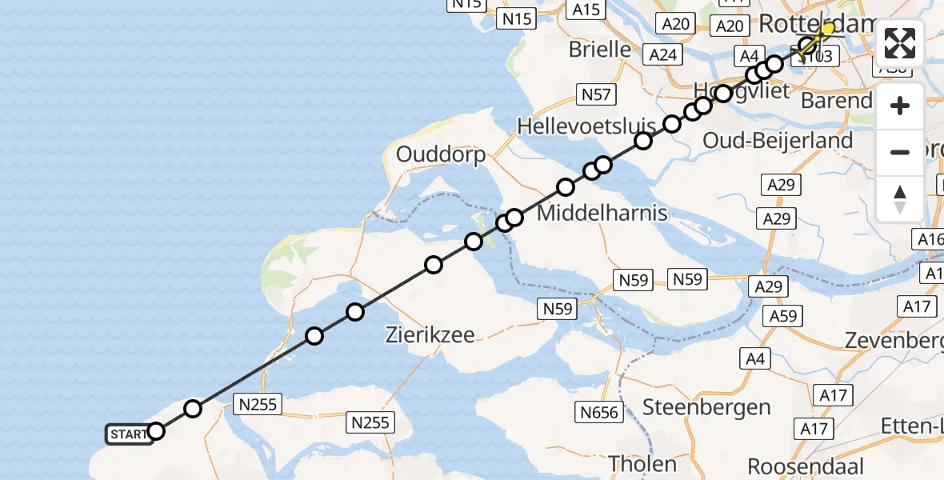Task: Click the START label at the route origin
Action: tap(127, 434)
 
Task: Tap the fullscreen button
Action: tap(900, 43)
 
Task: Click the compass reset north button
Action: tap(900, 199)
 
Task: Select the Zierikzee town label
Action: tap(430, 335)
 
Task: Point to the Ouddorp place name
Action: tap(442, 154)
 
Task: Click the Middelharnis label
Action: tap(602, 214)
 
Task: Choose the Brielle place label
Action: tap(600, 50)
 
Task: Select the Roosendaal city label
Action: tap(805, 466)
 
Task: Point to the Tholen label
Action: tap(642, 463)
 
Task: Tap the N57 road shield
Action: tap(596, 95)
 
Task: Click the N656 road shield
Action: tap(598, 412)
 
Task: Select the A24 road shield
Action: tap(663, 54)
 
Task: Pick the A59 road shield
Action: tap(784, 316)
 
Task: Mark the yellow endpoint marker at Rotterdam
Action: tap(827, 29)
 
